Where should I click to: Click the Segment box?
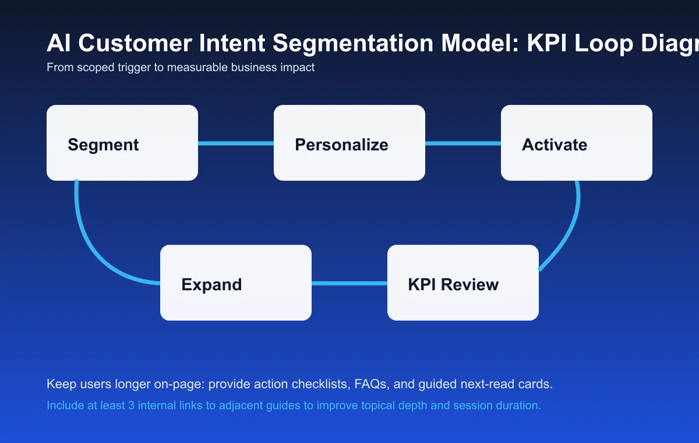click(122, 143)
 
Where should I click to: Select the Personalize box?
click(349, 143)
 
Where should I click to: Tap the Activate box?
click(577, 143)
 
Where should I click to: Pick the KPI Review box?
click(463, 283)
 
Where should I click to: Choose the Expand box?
click(236, 283)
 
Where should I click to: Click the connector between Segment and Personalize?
click(236, 143)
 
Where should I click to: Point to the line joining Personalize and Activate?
click(463, 143)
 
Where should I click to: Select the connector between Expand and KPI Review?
click(349, 283)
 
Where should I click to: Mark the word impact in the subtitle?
click(298, 68)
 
